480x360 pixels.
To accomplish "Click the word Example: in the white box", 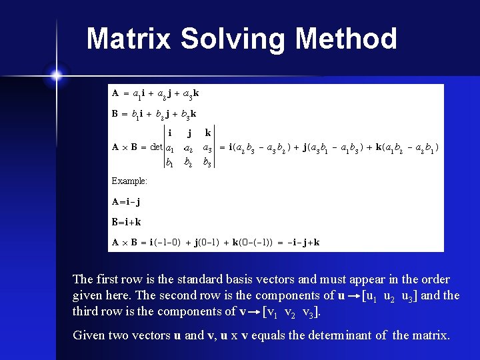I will [129, 181].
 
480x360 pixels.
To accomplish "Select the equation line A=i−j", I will [126, 201].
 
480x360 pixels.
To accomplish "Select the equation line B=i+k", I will [127, 221].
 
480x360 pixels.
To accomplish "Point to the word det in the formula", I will [157, 147].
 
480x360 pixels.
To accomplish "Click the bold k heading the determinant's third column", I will [209, 133].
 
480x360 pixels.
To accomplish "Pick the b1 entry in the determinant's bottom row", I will [170, 161].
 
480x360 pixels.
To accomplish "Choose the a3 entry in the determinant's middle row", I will [208, 147].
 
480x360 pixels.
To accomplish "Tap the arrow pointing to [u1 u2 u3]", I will [353, 295].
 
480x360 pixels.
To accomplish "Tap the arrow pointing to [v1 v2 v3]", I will [255, 311].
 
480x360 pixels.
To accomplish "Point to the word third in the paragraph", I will [87, 311].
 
